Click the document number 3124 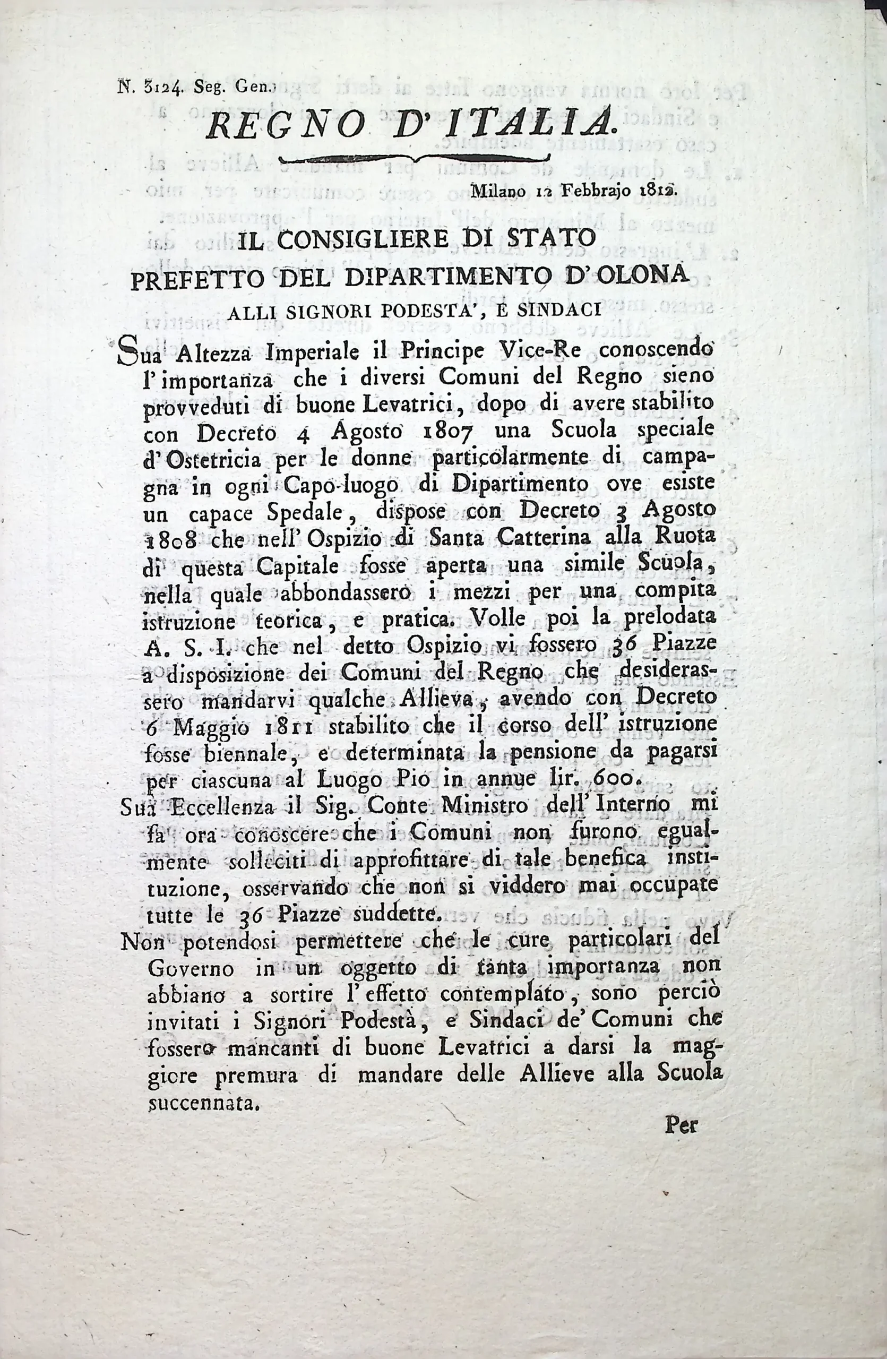tap(168, 88)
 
